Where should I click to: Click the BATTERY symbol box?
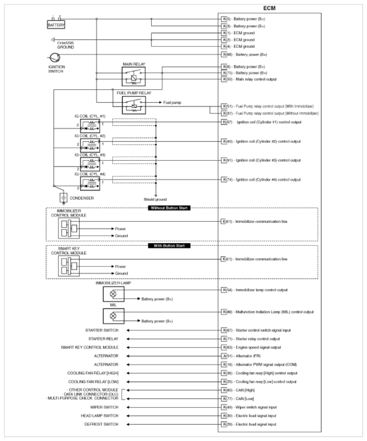pyautogui.click(x=56, y=25)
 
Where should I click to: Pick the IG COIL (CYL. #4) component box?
pyautogui.click(x=90, y=182)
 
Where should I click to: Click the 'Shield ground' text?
pyautogui.click(x=155, y=199)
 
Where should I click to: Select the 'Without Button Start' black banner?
pyautogui.click(x=169, y=208)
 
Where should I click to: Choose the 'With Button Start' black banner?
pyautogui.click(x=169, y=245)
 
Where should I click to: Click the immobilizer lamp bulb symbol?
pyautogui.click(x=113, y=294)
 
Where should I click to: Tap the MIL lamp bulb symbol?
pyautogui.click(x=113, y=316)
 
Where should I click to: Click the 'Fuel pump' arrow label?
pyautogui.click(x=172, y=102)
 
